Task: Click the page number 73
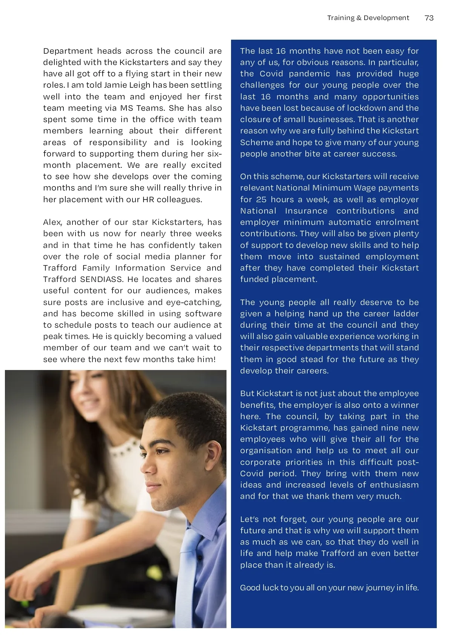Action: pos(429,18)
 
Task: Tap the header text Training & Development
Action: pos(368,18)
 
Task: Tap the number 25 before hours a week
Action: pos(261,200)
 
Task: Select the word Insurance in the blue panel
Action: pos(306,211)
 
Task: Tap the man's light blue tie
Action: pos(189,567)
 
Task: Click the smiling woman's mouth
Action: pos(92,409)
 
